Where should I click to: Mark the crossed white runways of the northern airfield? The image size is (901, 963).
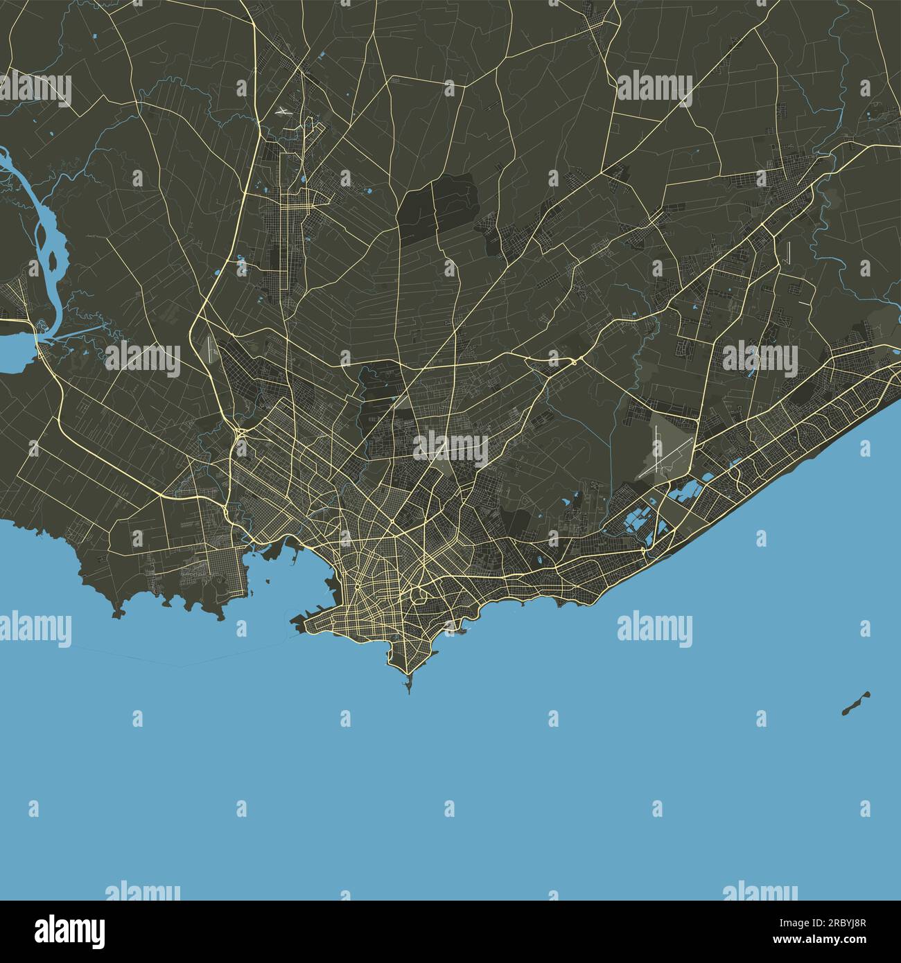(283, 111)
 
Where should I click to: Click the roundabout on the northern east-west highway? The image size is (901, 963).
(574, 361)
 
